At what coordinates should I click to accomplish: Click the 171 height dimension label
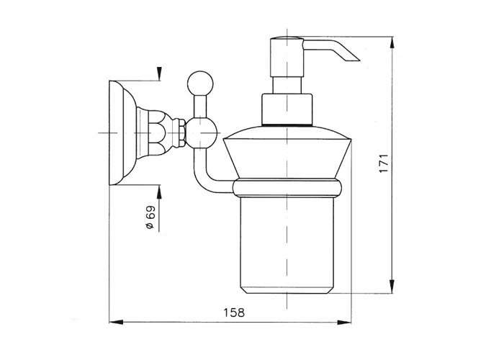[x=384, y=163]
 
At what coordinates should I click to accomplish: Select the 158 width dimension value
[x=234, y=312]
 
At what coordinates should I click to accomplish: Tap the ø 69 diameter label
[x=150, y=217]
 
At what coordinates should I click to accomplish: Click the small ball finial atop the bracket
[x=200, y=84]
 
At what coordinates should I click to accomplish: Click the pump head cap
[x=287, y=57]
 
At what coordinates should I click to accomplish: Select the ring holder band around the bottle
[x=287, y=188]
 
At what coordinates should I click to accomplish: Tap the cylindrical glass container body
[x=287, y=245]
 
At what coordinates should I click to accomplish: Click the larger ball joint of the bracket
[x=202, y=132]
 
